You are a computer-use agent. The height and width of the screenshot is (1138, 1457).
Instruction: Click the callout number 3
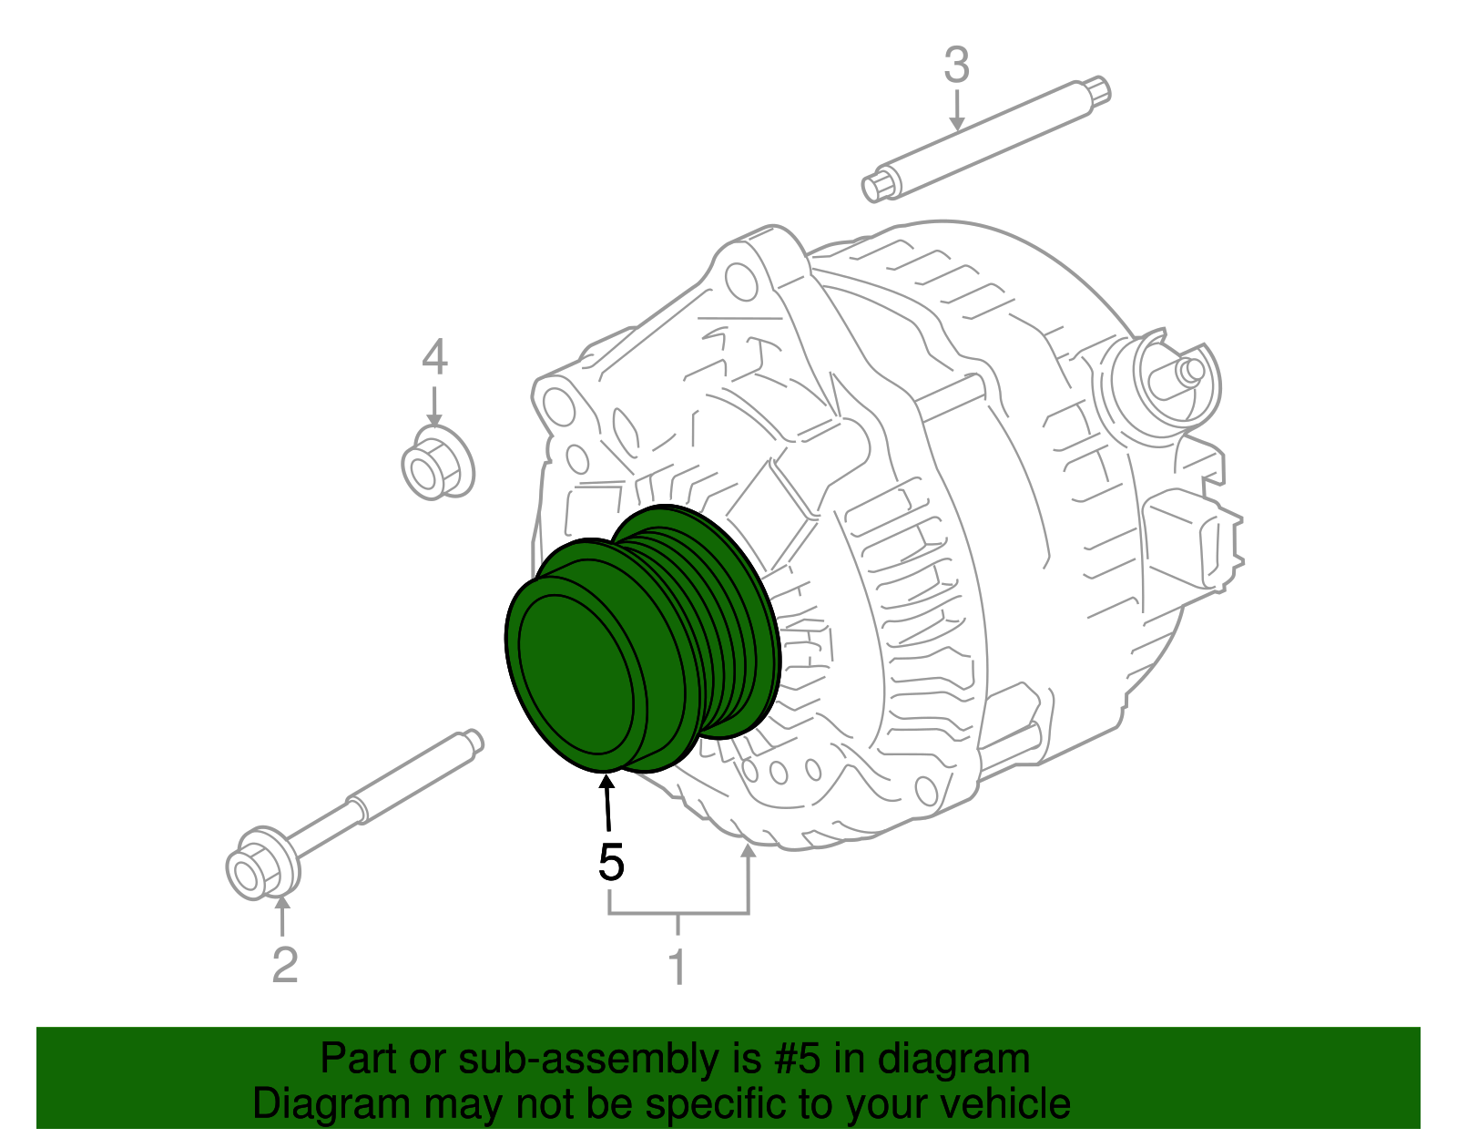(956, 67)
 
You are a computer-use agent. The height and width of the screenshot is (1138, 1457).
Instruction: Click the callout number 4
(434, 357)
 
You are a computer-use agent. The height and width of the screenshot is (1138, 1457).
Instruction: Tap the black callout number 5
(611, 862)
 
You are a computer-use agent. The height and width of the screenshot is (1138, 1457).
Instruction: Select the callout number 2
(285, 965)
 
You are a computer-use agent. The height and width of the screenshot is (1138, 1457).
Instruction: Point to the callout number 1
(677, 968)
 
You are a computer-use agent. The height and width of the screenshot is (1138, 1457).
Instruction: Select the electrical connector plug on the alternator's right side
(1193, 538)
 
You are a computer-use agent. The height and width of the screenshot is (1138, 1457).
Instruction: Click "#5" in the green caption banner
(799, 1060)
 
